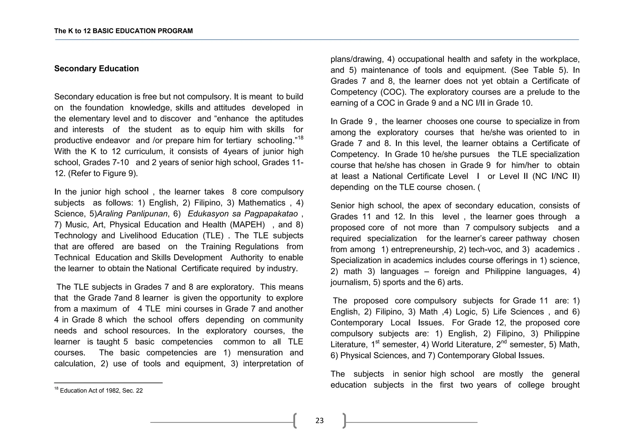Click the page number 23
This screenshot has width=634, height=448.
(x=319, y=420)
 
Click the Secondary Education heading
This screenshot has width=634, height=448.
(x=96, y=69)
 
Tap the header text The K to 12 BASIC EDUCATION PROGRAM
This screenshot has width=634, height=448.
(x=123, y=31)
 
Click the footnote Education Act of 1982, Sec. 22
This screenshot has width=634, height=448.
(x=101, y=391)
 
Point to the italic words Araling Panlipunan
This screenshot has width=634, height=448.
(x=132, y=214)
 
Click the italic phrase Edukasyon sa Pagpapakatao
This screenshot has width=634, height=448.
(x=242, y=214)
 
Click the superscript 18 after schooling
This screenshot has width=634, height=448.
(x=300, y=138)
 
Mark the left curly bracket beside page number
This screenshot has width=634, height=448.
(x=295, y=420)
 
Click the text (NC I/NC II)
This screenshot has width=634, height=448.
(x=556, y=176)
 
